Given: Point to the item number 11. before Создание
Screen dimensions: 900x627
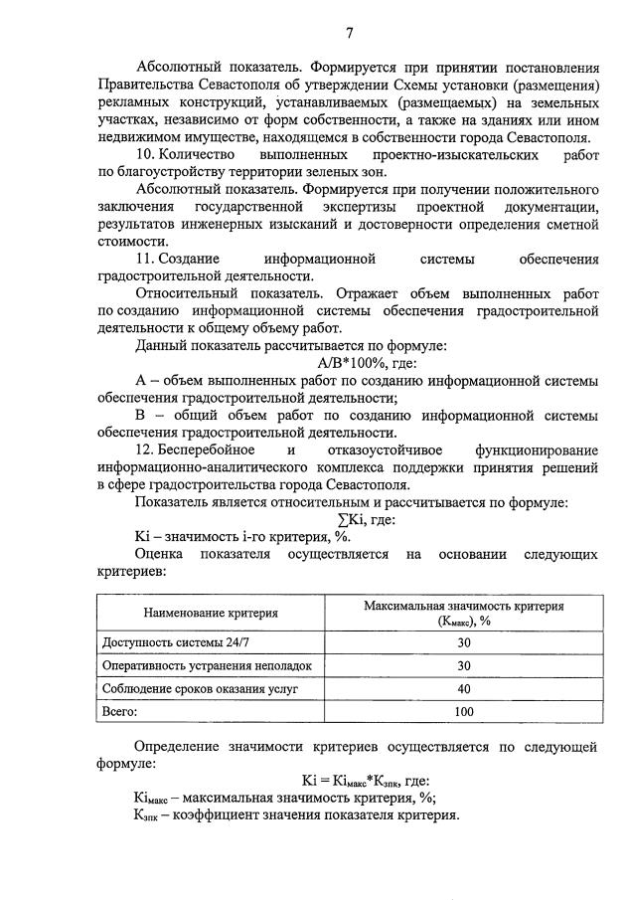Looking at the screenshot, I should click(147, 259).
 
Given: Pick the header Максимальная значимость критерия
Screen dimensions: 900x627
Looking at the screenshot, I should click(463, 605).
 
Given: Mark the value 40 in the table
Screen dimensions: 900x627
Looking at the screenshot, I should click(463, 688).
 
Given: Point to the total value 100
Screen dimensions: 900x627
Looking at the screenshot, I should click(463, 712).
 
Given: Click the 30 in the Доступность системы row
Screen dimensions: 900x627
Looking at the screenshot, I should click(463, 641).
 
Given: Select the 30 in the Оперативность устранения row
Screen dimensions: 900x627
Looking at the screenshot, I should click(463, 665).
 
